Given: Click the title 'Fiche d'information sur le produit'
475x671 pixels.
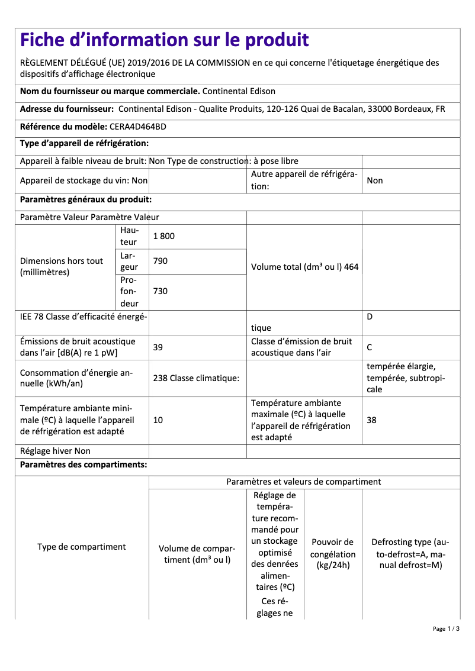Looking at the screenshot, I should point(164,40).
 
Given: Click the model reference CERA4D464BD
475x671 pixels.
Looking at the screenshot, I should point(138,127).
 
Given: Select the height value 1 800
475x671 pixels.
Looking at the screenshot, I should point(164,236).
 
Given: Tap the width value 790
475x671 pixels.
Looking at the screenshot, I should point(160,261).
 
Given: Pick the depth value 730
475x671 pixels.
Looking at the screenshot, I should point(160,291).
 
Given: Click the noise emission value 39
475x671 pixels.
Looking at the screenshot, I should point(158,347).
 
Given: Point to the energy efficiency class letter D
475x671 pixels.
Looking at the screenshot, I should point(370,317).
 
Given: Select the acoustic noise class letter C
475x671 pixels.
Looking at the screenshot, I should point(370,347).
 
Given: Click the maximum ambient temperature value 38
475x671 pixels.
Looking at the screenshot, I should point(371,420).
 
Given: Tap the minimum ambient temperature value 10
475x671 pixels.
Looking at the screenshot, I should point(158,420).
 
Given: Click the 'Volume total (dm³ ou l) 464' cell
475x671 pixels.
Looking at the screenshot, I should point(304,267).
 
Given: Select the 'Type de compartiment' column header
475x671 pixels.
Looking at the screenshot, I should point(82,547).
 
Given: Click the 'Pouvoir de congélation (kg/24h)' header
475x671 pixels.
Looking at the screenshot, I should point(333,554).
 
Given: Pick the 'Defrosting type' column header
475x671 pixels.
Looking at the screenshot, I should point(410,554).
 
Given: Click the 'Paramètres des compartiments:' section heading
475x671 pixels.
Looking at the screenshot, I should point(84,464).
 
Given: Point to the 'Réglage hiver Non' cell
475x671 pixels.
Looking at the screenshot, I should point(55,451).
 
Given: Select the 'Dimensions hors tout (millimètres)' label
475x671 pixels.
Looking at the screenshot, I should point(62,267).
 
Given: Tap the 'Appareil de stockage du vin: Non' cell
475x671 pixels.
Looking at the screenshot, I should point(84,180).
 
